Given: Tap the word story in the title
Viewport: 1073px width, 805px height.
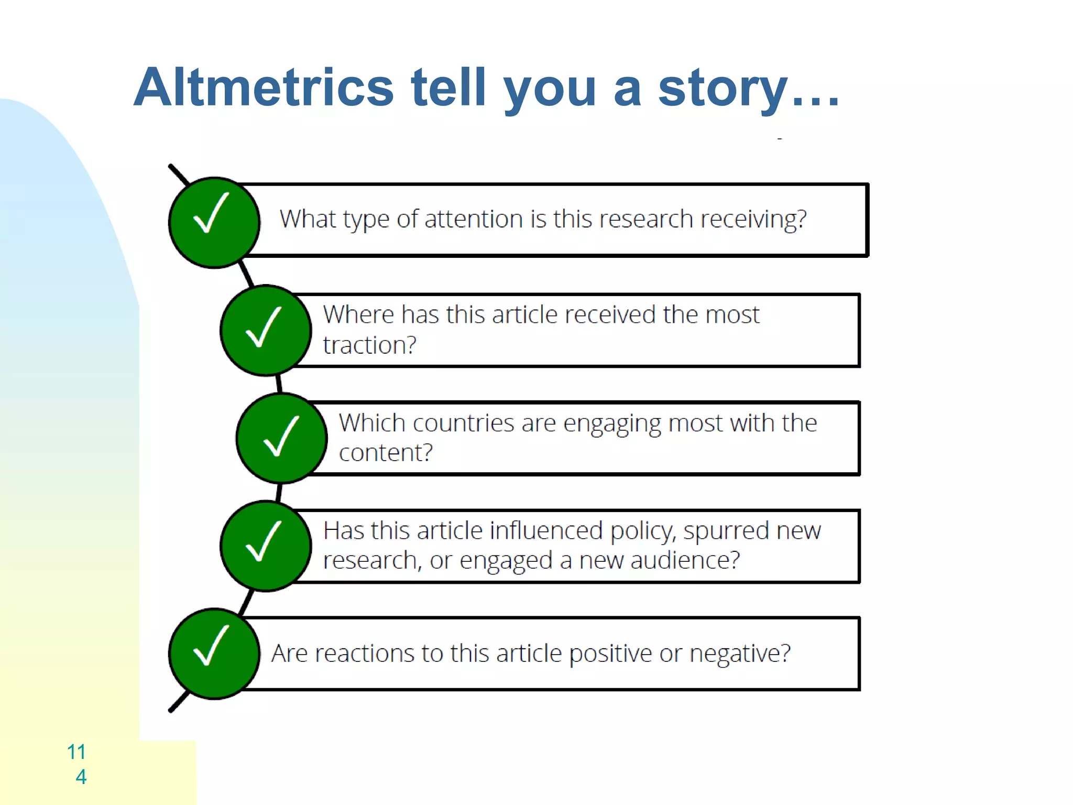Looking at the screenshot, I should pos(723,88).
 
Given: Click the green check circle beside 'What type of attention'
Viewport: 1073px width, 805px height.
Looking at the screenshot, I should pos(214,223).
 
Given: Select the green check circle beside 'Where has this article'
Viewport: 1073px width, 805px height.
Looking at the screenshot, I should pos(266,331).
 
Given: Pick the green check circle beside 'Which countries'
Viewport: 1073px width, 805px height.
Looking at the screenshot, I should pos(281,438).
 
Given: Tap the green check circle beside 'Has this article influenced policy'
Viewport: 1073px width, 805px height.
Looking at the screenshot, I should pos(266,546).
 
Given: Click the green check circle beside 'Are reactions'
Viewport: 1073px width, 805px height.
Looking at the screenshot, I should pos(214,654).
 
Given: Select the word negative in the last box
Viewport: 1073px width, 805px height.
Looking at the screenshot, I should pos(739,654).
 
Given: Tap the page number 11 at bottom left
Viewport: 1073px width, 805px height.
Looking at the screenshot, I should pos(76,752).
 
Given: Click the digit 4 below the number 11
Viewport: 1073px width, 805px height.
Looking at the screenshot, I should pos(81,777).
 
